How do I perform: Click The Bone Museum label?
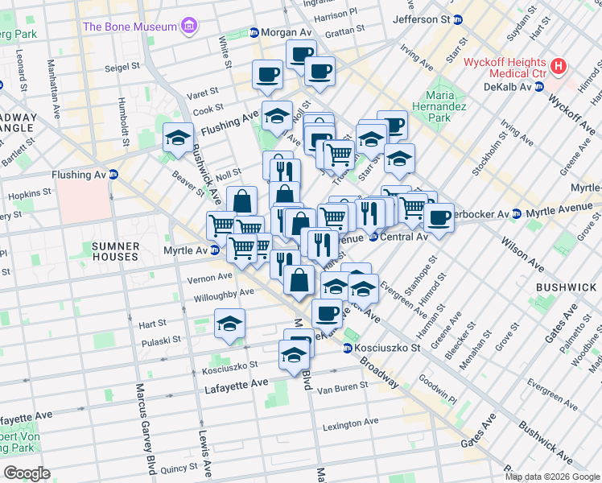(130, 27)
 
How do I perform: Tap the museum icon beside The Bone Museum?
(190, 27)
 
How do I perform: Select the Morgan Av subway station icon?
(254, 33)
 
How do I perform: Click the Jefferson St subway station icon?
(458, 19)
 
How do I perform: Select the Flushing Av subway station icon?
(113, 174)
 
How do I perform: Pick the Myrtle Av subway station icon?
(215, 250)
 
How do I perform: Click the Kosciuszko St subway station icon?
(348, 348)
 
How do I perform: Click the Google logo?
(27, 473)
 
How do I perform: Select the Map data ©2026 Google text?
(552, 477)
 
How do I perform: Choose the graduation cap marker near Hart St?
(230, 324)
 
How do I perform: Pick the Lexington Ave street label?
(349, 423)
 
